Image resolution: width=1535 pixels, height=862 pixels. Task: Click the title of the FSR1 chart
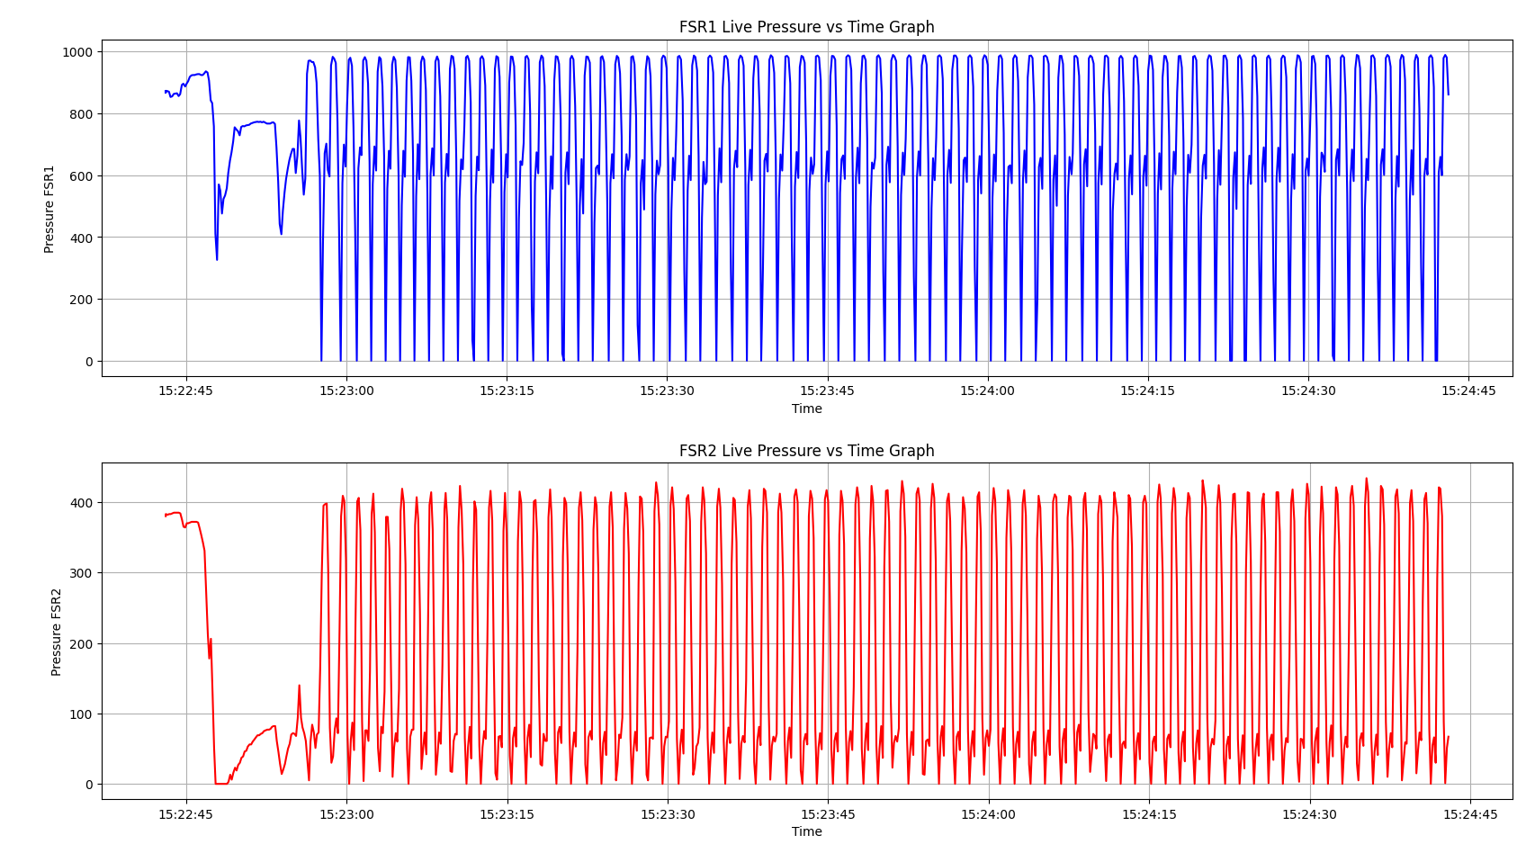point(806,27)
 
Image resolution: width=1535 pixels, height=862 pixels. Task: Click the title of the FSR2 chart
point(806,451)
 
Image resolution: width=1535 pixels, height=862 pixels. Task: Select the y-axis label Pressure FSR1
point(49,209)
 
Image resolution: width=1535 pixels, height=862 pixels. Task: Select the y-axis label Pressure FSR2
point(57,632)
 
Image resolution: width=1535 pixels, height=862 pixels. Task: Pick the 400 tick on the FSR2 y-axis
point(82,502)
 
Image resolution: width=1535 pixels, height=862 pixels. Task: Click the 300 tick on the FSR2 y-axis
point(82,573)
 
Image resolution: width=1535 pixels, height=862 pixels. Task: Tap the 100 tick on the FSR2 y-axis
point(82,714)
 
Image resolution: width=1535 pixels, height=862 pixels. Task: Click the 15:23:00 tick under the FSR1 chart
point(346,391)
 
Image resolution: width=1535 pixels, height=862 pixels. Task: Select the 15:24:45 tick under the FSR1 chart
point(1468,391)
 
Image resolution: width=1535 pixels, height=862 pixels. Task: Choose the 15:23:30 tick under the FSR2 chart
point(668,814)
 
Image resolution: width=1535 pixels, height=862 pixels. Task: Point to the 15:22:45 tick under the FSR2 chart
point(186,814)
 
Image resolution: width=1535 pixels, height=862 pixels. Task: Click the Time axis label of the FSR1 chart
point(806,409)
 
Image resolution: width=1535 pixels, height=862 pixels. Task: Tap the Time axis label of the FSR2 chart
point(806,831)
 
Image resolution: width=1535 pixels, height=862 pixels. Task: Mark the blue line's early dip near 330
point(217,259)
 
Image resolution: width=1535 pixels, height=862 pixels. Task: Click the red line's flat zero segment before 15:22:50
point(221,783)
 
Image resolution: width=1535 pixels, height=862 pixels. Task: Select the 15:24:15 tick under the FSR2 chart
point(1148,814)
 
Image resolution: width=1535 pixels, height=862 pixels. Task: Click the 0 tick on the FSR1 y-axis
point(88,362)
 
